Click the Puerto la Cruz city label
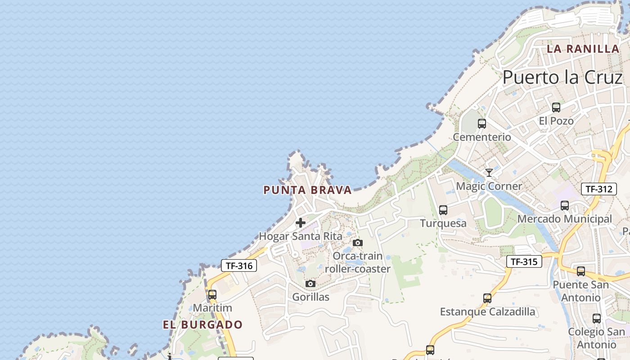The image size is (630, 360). click(x=562, y=77)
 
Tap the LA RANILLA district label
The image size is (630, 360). click(x=583, y=49)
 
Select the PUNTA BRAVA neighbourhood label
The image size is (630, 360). click(x=307, y=190)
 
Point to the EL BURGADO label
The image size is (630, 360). click(x=202, y=324)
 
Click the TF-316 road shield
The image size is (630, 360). click(x=239, y=265)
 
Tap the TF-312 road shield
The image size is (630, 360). click(x=599, y=189)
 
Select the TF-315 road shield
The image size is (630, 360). click(x=524, y=261)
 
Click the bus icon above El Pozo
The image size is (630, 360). click(x=556, y=108)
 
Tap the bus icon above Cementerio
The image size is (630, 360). click(x=482, y=124)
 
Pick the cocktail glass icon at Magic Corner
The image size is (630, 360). click(x=489, y=173)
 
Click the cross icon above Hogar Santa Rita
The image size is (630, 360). click(x=301, y=223)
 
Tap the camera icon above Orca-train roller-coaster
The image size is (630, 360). click(x=358, y=243)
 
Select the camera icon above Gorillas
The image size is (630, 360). click(x=310, y=284)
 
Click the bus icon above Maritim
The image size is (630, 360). click(x=212, y=295)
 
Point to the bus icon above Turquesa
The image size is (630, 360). click(x=443, y=210)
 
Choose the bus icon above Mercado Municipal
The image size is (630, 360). click(x=565, y=206)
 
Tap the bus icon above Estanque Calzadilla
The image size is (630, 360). click(x=487, y=298)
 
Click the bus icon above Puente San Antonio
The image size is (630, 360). click(x=581, y=271)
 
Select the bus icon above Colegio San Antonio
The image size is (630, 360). click(x=597, y=319)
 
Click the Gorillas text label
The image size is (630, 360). click(x=310, y=297)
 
